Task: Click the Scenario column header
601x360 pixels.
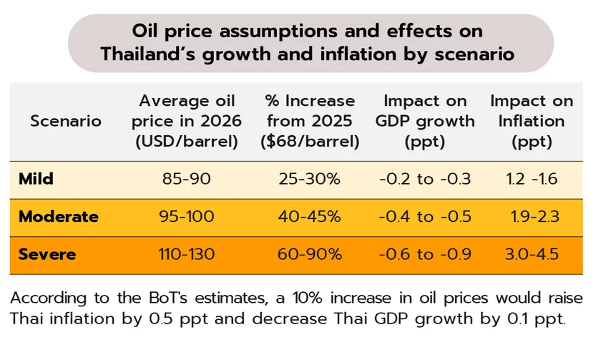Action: [x=66, y=121]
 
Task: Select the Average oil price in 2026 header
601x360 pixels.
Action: [x=187, y=121]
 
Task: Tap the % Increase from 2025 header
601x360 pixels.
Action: [x=309, y=121]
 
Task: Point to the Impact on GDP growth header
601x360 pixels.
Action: [x=425, y=121]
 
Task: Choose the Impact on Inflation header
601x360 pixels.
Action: [x=532, y=121]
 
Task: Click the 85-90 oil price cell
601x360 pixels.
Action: [x=187, y=179]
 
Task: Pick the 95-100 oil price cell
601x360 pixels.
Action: [x=187, y=217]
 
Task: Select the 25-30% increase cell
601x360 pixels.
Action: [x=309, y=179]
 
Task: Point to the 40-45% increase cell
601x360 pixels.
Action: [x=309, y=217]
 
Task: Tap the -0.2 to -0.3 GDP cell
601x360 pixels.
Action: [x=425, y=179]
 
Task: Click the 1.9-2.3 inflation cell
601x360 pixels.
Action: [x=536, y=217]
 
